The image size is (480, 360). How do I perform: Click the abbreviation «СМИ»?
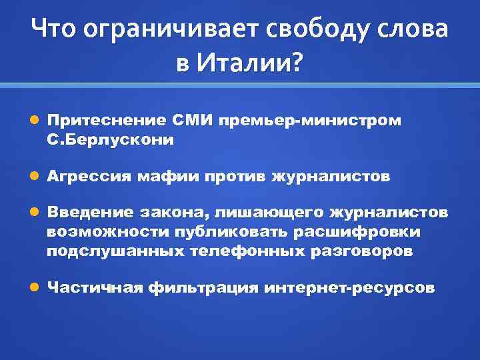tap(192, 121)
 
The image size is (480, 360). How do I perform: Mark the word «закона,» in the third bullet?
tap(171, 213)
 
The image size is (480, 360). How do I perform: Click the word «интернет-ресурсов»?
tap(349, 288)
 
